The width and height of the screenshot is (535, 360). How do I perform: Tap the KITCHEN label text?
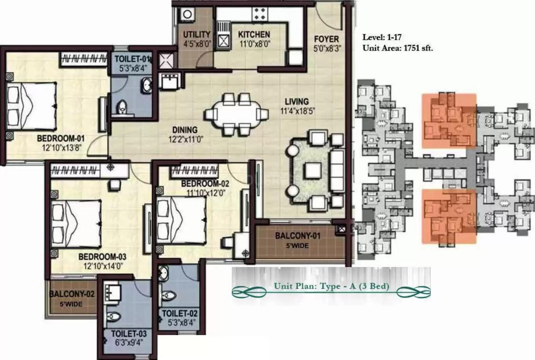coord(254,35)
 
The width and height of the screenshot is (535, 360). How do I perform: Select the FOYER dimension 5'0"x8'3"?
coord(326,48)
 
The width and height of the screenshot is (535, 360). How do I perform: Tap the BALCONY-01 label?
coord(297,236)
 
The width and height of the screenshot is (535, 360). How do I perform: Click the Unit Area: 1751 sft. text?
coord(398,48)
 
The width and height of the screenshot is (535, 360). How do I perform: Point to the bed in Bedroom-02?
coord(181,219)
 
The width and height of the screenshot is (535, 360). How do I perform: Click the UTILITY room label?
coord(197,35)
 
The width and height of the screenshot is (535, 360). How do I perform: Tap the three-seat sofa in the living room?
coord(338,171)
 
